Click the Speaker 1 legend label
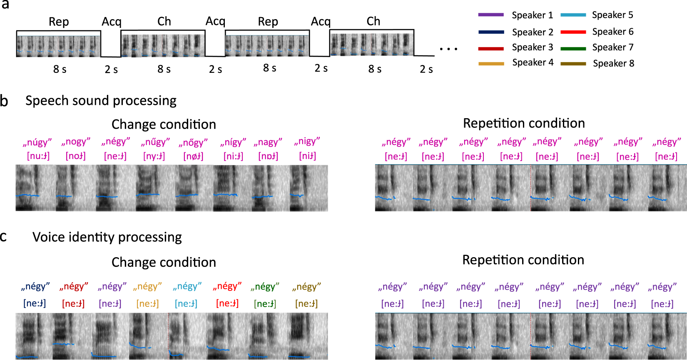click(x=532, y=15)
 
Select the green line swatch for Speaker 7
click(x=573, y=49)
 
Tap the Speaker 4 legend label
click(x=533, y=63)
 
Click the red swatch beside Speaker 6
click(x=573, y=32)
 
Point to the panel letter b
click(x=4, y=101)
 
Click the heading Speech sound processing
click(x=101, y=101)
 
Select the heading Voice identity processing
click(x=107, y=237)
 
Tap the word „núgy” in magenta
click(x=37, y=143)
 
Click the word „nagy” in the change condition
click(x=268, y=142)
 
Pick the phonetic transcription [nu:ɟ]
click(x=38, y=156)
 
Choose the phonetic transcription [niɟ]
click(x=307, y=156)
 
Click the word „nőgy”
click(x=193, y=143)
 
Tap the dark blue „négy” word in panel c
click(x=35, y=287)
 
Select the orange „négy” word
click(x=147, y=287)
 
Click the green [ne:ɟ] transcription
click(x=265, y=304)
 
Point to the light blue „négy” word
click(x=187, y=287)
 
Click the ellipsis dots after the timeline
click(x=448, y=49)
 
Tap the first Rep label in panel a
click(x=59, y=22)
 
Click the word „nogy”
click(x=76, y=142)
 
